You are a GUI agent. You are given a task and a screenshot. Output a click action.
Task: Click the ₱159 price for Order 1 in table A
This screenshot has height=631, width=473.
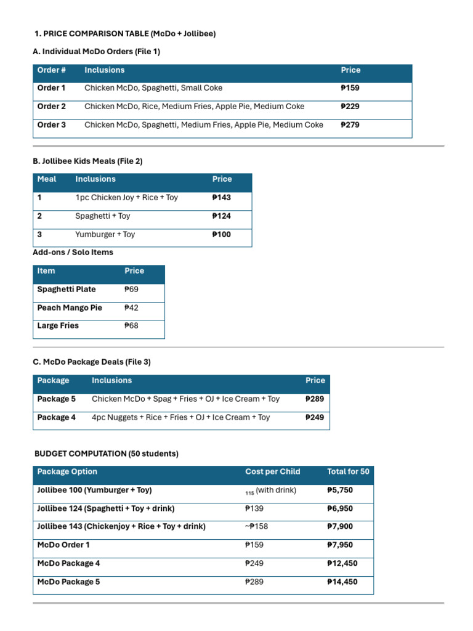coord(350,88)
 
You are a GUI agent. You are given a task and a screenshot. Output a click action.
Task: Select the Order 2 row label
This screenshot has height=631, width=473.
coord(52,107)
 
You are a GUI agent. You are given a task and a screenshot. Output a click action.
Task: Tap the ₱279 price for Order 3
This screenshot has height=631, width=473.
coord(350,125)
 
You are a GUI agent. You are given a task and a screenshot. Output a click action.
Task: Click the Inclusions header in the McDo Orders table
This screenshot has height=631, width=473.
coord(105,70)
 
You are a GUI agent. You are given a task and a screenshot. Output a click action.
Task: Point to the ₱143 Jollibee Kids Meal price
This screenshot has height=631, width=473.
coord(222,198)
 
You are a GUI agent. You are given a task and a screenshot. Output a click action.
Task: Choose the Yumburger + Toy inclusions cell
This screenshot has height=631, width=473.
coord(105,235)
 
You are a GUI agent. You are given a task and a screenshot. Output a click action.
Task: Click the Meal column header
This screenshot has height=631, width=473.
coord(47,179)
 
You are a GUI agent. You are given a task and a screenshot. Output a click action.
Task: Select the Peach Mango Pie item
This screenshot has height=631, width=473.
coord(70,307)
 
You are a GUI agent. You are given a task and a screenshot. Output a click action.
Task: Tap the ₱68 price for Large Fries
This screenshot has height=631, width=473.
coord(132,326)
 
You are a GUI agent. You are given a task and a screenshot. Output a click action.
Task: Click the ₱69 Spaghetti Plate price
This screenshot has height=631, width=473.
coord(132,289)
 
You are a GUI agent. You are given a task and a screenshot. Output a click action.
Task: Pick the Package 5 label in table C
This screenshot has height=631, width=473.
coord(57,399)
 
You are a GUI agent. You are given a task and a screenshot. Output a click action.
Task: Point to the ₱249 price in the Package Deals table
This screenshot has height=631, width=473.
coord(315,417)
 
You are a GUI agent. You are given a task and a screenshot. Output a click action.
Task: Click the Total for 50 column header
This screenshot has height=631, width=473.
coord(348,472)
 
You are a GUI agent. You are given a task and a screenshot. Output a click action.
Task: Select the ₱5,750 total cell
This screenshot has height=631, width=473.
coord(340,491)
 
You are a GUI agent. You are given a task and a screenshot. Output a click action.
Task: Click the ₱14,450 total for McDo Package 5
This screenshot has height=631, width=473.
coord(342,582)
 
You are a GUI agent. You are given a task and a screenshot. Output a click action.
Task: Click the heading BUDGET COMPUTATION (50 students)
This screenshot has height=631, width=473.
coord(107,454)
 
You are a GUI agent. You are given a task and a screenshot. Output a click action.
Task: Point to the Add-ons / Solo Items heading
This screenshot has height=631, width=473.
coord(73,252)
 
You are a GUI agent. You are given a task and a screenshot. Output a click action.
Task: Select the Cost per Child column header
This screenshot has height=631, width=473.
coord(273,472)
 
